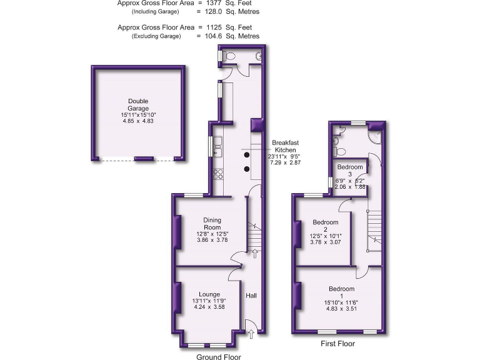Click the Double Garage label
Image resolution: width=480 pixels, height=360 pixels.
[138, 104]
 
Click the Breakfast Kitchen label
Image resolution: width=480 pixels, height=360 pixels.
[286, 147]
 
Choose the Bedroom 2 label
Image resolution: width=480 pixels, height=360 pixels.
[326, 226]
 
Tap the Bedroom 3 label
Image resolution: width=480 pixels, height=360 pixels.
[349, 171]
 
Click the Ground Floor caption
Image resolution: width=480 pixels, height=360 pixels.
[218, 356]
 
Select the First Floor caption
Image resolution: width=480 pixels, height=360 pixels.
[338, 344]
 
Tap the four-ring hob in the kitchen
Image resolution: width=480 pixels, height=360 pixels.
[218, 173]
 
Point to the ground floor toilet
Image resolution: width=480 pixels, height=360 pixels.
[229, 56]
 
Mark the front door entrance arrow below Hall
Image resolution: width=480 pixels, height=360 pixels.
[251, 335]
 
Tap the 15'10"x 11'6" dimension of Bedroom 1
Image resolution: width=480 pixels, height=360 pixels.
[341, 303]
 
